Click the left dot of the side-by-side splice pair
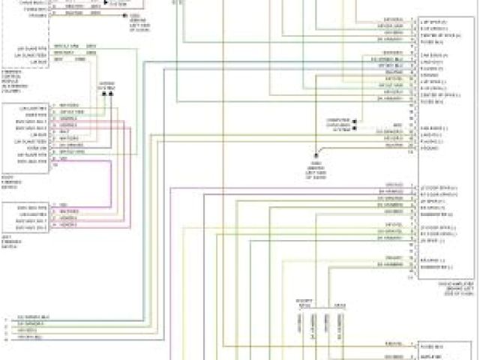coord(103,94)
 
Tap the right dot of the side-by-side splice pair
coord(112,94)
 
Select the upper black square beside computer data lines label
coord(354,120)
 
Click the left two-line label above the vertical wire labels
coord(304,304)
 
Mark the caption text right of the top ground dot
coord(139,22)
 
